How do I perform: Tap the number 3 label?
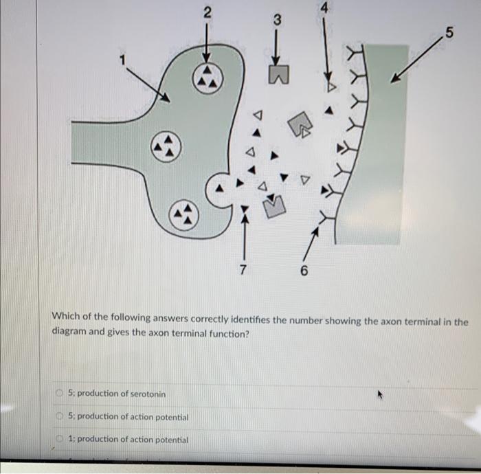[277, 21]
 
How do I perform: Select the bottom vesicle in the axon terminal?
[183, 216]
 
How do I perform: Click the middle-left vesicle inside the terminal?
[166, 146]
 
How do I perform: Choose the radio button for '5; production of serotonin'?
[60, 394]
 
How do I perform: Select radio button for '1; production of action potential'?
[60, 439]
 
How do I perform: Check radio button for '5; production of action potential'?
[60, 416]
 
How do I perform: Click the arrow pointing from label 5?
[417, 60]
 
